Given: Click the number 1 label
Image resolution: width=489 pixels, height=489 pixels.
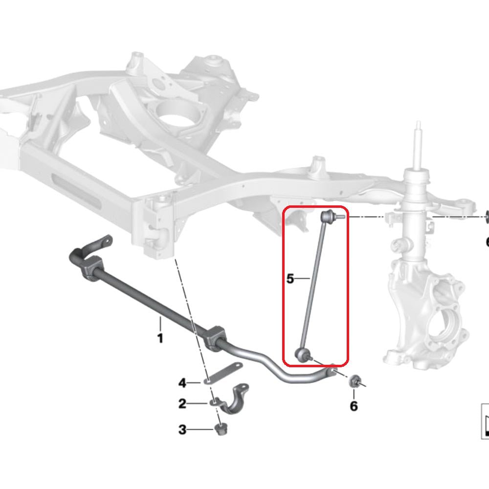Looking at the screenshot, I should (160, 337).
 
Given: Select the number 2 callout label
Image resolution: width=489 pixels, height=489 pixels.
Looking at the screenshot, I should (182, 403).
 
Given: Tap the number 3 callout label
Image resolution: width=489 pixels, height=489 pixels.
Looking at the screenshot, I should (182, 430).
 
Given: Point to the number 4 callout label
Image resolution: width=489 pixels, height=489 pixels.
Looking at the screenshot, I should (182, 382).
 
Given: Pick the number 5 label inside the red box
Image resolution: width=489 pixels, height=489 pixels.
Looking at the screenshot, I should (290, 279).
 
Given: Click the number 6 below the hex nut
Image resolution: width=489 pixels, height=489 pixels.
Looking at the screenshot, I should (354, 405).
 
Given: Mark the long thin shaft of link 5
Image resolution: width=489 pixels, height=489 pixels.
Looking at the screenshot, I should (315, 284).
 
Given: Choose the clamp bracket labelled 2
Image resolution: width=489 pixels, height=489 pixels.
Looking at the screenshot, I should (233, 399).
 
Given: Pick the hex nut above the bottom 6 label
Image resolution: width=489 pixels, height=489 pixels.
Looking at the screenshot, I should (356, 381).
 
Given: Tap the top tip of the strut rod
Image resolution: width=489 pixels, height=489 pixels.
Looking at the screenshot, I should (418, 125).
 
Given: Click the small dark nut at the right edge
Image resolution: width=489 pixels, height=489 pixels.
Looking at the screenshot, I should (487, 215).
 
